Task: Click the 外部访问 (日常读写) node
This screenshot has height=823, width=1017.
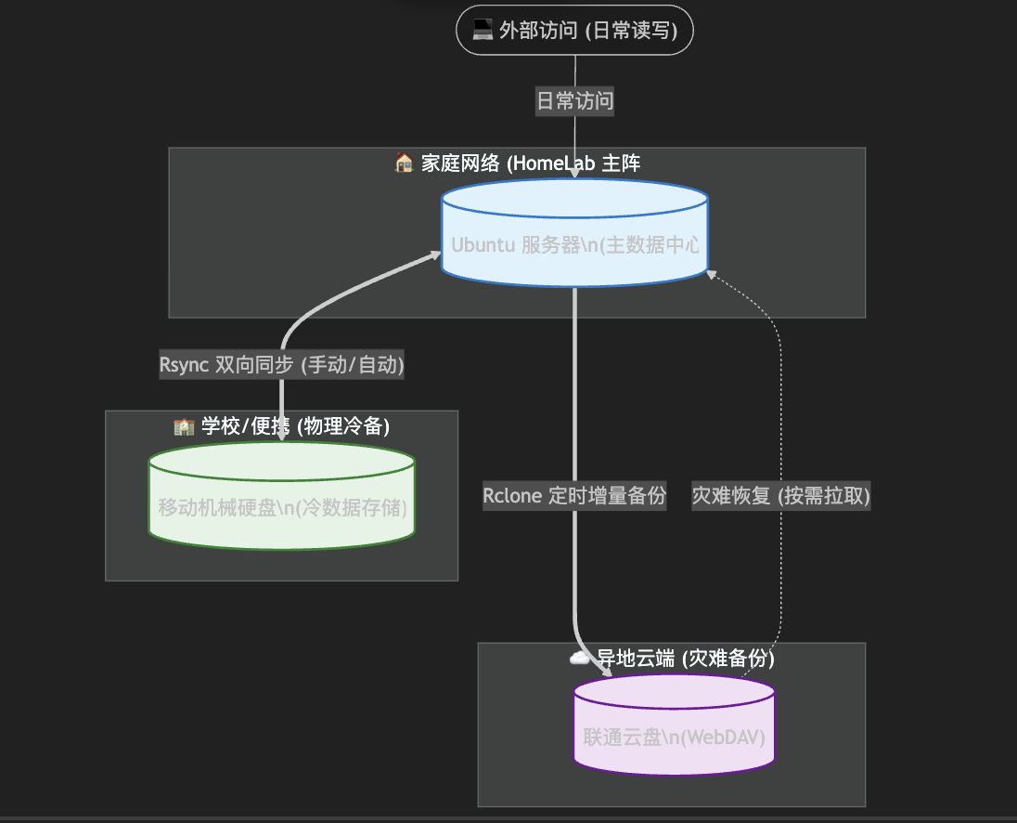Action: [574, 31]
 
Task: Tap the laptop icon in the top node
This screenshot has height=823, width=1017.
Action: [482, 31]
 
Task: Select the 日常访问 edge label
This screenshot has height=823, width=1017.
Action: [574, 101]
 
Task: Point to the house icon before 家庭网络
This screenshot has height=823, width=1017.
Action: [404, 163]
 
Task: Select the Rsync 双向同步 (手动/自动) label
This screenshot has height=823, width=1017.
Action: [281, 365]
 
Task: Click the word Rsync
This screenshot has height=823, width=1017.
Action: [184, 365]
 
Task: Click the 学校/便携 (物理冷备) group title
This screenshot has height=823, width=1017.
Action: [294, 426]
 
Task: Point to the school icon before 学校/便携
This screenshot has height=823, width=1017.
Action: [184, 426]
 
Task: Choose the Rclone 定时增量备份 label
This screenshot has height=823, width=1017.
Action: [574, 496]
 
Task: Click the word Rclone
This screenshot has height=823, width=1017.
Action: [512, 496]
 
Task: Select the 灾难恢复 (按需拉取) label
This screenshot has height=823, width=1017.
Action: [781, 496]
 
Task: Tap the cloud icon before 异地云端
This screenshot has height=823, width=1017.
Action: [580, 659]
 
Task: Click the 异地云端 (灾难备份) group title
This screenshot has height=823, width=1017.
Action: [685, 659]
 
